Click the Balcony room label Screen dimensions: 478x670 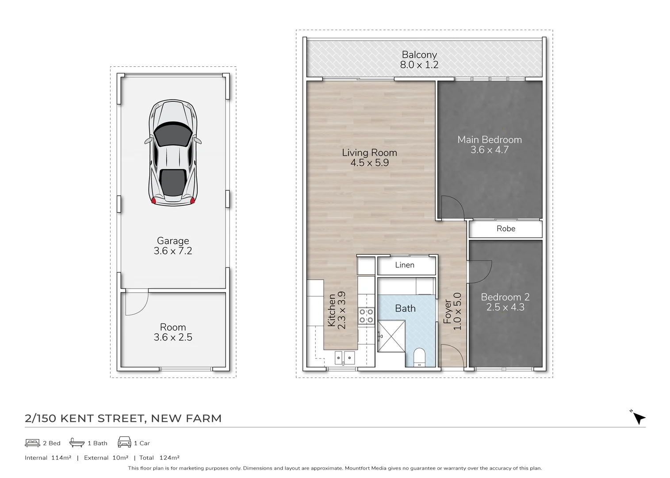419,55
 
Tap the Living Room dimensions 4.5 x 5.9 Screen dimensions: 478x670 369,163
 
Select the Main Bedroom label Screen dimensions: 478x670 490,140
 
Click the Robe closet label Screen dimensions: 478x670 505,229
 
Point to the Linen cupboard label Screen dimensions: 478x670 405,265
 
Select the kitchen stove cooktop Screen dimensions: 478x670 366,316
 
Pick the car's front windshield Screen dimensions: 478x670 172,135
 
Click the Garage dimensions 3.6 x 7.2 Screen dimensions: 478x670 172,251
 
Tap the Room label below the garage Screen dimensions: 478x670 172,327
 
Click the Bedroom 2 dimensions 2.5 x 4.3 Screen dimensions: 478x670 505,307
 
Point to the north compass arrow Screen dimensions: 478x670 639,418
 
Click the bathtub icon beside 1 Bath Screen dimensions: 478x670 77,443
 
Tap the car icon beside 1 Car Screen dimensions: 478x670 124,443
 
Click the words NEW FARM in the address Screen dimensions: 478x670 186,418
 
